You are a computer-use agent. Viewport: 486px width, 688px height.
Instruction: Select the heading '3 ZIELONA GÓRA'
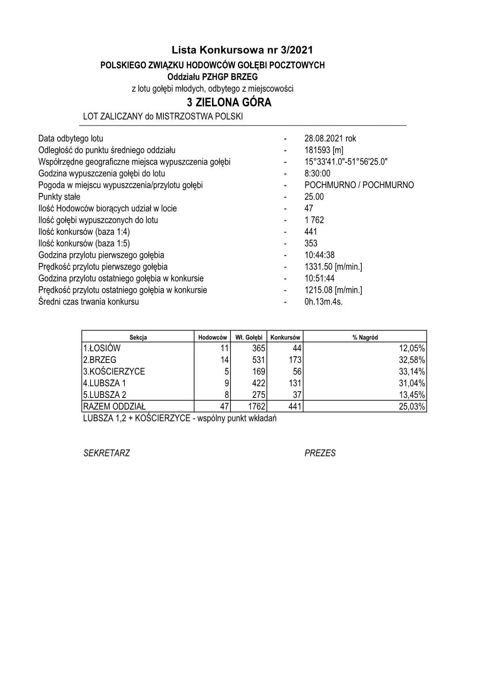point(229,103)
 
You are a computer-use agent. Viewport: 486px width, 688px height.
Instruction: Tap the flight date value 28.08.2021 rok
point(330,138)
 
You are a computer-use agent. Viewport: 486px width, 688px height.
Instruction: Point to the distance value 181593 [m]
point(324,150)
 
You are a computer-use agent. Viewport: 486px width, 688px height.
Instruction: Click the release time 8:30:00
point(317,173)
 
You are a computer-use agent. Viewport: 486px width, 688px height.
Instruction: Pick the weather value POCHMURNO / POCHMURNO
point(359,185)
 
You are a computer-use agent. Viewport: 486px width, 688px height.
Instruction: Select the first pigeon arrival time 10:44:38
point(319,255)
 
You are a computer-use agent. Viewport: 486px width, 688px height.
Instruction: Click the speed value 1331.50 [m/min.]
point(333,267)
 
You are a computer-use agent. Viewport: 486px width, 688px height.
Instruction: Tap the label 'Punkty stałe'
point(59,197)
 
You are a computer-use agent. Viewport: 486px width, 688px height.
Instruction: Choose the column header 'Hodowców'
point(212,337)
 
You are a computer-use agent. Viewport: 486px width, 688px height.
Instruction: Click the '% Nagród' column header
point(365,337)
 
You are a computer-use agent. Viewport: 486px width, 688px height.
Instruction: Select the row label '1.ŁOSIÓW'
point(102,348)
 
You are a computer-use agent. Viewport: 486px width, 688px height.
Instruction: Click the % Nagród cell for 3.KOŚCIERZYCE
point(412,371)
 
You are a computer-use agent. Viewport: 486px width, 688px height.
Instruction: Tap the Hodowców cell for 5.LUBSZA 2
point(226,395)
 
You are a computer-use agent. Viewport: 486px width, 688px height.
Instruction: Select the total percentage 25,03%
point(412,407)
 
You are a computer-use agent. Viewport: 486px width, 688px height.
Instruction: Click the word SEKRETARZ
point(107,454)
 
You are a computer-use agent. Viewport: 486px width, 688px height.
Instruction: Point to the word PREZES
point(320,454)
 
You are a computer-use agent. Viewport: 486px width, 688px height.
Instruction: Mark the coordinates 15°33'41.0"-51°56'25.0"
point(346,162)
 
